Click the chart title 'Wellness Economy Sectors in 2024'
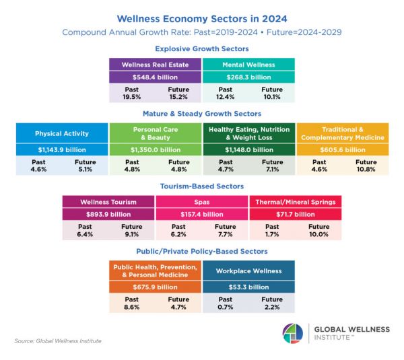pos(201,19)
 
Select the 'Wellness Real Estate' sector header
pos(155,65)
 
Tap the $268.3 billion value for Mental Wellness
pos(248,77)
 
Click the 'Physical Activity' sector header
pos(62,133)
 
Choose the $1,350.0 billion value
pos(155,149)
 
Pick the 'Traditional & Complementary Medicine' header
pos(342,133)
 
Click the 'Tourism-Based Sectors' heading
pos(201,186)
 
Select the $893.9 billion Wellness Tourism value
pos(108,214)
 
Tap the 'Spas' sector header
pos(201,202)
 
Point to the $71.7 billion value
pos(295,214)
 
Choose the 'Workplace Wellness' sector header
pos(248,271)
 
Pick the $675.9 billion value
pos(155,287)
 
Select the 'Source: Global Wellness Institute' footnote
pos(57,341)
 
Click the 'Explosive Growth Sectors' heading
pos(201,48)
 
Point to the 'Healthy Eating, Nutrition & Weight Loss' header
pos(248,133)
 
